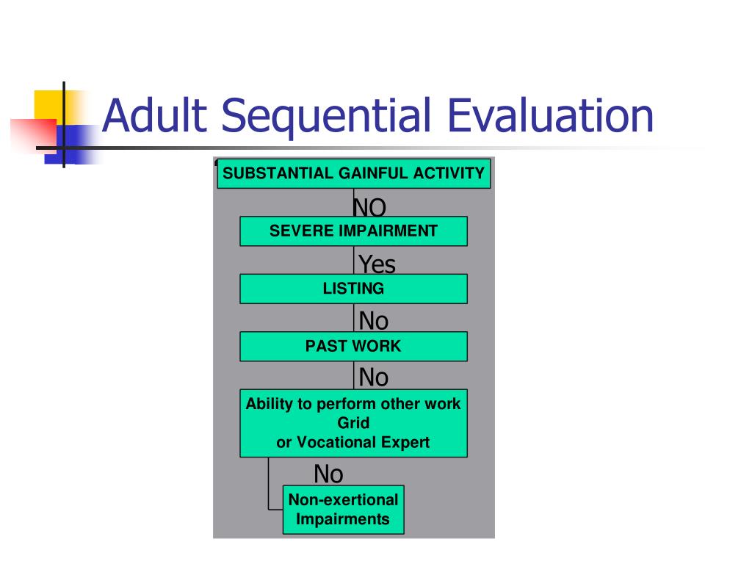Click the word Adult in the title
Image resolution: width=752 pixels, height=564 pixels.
tap(154, 115)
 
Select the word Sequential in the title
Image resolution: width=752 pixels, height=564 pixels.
tap(326, 117)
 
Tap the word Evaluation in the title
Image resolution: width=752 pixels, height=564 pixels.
tap(550, 115)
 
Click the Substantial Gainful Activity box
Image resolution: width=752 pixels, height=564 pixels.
tap(354, 173)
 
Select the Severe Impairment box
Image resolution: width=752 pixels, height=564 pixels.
tap(353, 231)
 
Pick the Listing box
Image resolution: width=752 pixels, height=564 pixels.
tap(353, 289)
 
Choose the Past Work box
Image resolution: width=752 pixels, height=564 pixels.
tap(353, 347)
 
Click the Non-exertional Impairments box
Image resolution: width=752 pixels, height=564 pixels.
tap(344, 510)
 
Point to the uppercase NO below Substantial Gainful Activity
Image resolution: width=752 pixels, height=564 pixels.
tap(369, 208)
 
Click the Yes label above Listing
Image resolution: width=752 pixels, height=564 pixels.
tap(377, 264)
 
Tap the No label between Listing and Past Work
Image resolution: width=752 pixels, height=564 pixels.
tap(374, 320)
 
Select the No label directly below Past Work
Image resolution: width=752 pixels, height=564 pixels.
tap(374, 377)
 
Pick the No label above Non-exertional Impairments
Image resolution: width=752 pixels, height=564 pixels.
tap(328, 474)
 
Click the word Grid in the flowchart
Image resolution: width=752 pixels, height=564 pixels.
tap(353, 423)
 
